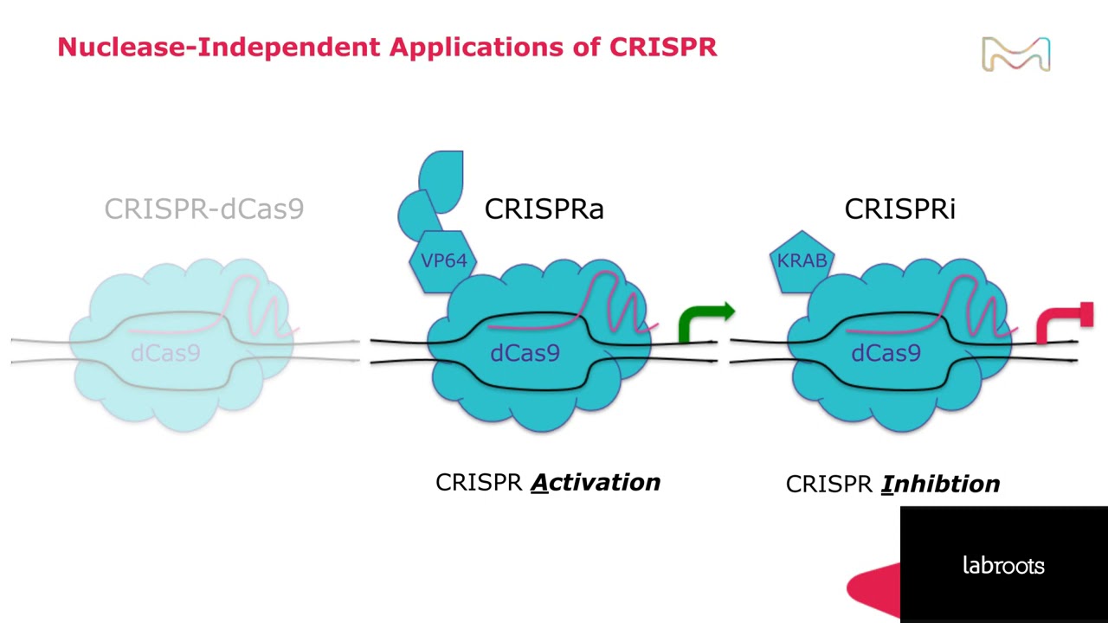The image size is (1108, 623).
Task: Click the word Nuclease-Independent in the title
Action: (x=219, y=48)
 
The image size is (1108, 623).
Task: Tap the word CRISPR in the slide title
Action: (x=663, y=48)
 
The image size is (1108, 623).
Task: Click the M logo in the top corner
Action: (x=1016, y=54)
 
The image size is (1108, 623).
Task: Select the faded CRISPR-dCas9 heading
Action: (x=204, y=209)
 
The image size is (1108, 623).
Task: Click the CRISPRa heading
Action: (x=544, y=209)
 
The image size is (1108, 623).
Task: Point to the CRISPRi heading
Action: (x=899, y=209)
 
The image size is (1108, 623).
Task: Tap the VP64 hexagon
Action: (x=443, y=261)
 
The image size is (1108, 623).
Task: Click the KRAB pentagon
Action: (x=802, y=261)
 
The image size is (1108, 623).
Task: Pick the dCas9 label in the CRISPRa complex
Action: (x=525, y=353)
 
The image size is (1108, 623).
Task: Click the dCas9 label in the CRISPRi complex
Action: (x=886, y=353)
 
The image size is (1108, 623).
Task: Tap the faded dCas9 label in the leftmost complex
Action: (x=165, y=353)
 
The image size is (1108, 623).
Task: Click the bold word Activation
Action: (x=596, y=483)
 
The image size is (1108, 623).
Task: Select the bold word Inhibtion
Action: (x=940, y=484)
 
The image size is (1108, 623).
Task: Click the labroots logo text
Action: (x=1003, y=565)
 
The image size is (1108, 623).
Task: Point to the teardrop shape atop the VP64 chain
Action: (x=441, y=182)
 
